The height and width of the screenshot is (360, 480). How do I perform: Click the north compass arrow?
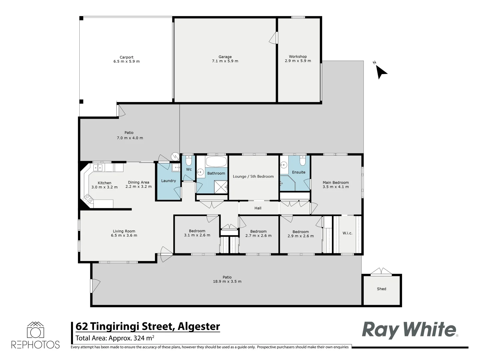(x=381, y=72)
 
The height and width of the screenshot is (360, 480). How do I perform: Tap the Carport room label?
(x=127, y=57)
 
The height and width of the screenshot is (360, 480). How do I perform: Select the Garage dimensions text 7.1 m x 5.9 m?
(x=225, y=61)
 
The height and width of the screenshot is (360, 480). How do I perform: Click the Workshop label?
(x=298, y=57)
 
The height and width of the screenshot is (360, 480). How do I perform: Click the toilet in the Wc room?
(x=189, y=162)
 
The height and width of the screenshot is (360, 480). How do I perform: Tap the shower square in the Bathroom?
(x=220, y=187)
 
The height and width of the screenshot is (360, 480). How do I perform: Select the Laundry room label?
(x=168, y=181)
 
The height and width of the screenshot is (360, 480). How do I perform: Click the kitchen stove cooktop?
(x=88, y=199)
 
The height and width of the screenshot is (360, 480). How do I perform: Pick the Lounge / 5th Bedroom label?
(x=253, y=177)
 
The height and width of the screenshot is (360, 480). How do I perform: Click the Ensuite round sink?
(x=284, y=164)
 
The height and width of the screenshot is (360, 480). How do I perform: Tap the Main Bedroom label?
(x=336, y=183)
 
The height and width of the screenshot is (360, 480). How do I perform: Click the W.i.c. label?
(x=347, y=233)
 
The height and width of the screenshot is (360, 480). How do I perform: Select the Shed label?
(x=382, y=289)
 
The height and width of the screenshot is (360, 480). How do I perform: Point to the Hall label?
(x=258, y=208)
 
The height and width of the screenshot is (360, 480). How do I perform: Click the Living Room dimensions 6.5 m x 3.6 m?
(x=124, y=236)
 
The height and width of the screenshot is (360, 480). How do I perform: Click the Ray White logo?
(x=409, y=330)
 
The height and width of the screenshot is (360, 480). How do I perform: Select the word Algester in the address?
(x=199, y=326)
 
